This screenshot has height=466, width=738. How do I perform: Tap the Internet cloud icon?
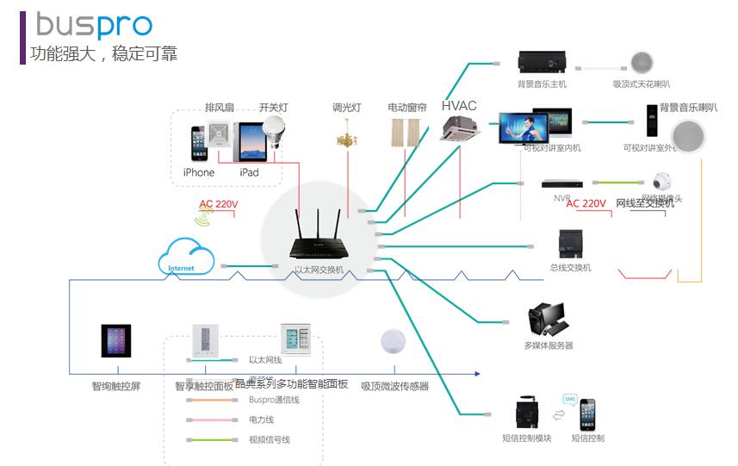(x=186, y=258)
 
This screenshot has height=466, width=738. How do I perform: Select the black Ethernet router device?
(x=319, y=245)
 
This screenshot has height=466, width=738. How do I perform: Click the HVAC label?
(x=459, y=106)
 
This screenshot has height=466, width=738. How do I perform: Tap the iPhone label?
(x=199, y=172)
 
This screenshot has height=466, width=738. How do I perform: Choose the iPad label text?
(x=249, y=172)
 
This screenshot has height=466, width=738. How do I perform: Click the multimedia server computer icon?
(x=547, y=320)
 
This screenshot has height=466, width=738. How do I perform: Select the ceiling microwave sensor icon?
(x=394, y=341)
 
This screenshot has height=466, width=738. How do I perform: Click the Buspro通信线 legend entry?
(x=274, y=400)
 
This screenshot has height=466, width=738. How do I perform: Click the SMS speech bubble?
(x=570, y=399)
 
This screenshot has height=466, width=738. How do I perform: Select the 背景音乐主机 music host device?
(x=542, y=62)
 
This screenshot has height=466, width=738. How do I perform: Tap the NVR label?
(x=562, y=197)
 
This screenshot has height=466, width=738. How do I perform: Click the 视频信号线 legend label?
(x=269, y=439)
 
